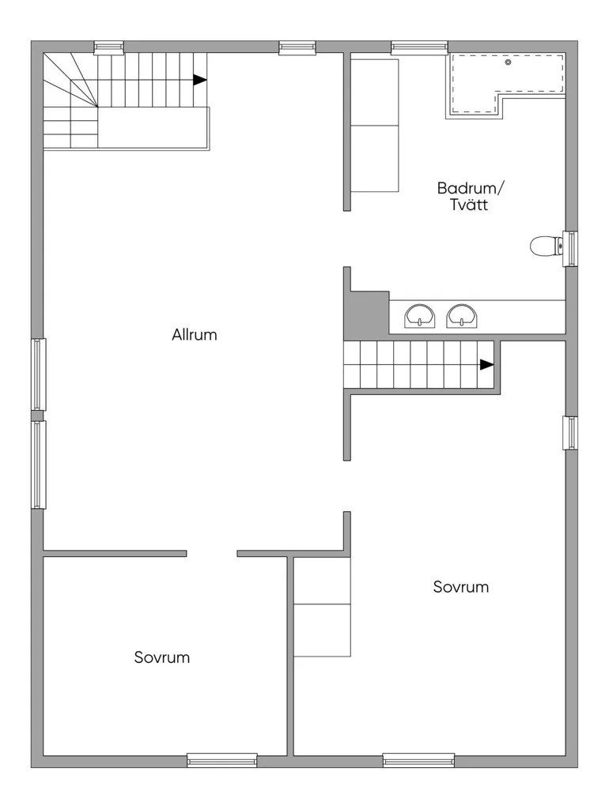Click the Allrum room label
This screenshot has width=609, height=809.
(195, 335)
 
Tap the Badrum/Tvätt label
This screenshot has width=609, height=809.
(470, 196)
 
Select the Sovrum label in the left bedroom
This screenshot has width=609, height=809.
(161, 657)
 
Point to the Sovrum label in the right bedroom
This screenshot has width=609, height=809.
(461, 587)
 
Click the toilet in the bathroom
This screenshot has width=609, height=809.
(547, 246)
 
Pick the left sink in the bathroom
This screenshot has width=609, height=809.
(419, 316)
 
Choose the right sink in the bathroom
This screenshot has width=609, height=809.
(462, 316)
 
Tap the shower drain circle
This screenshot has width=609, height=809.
(508, 62)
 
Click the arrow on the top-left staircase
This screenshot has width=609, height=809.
(200, 80)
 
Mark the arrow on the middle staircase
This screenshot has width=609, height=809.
(486, 365)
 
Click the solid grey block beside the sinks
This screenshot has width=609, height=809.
(366, 314)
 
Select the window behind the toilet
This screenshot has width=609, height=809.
(570, 249)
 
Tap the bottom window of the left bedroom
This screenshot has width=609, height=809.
(222, 760)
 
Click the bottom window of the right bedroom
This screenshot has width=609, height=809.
(418, 760)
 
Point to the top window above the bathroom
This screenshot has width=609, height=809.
(419, 47)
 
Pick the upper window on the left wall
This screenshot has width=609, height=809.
(39, 374)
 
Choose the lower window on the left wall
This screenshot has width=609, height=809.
(39, 465)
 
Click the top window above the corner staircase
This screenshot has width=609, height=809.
(108, 47)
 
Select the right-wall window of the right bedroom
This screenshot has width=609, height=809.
(570, 432)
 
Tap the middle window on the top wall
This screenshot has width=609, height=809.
(297, 47)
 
